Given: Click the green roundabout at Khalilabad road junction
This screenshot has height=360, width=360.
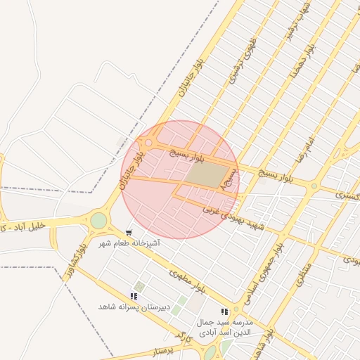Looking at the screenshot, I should tap(98, 221).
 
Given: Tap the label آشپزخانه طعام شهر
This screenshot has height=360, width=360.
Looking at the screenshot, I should tap(130, 243).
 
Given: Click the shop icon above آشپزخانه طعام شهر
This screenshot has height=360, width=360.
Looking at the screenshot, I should tap(129, 232).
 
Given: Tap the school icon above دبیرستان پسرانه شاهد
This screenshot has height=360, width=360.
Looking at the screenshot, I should tap(134, 297).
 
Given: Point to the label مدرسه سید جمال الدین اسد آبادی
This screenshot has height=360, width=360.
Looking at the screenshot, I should tap(224, 327).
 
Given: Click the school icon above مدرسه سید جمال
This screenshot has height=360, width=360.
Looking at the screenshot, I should tap(224, 311).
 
